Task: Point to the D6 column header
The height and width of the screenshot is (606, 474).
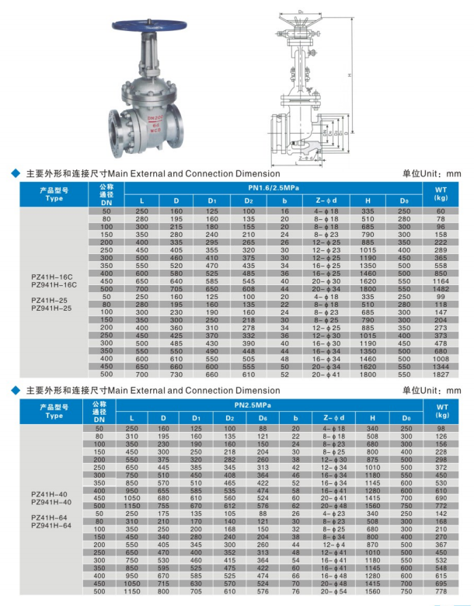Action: pos(263,419)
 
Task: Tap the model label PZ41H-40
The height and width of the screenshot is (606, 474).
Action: pos(54,494)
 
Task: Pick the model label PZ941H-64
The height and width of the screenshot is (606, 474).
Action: pos(54,525)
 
